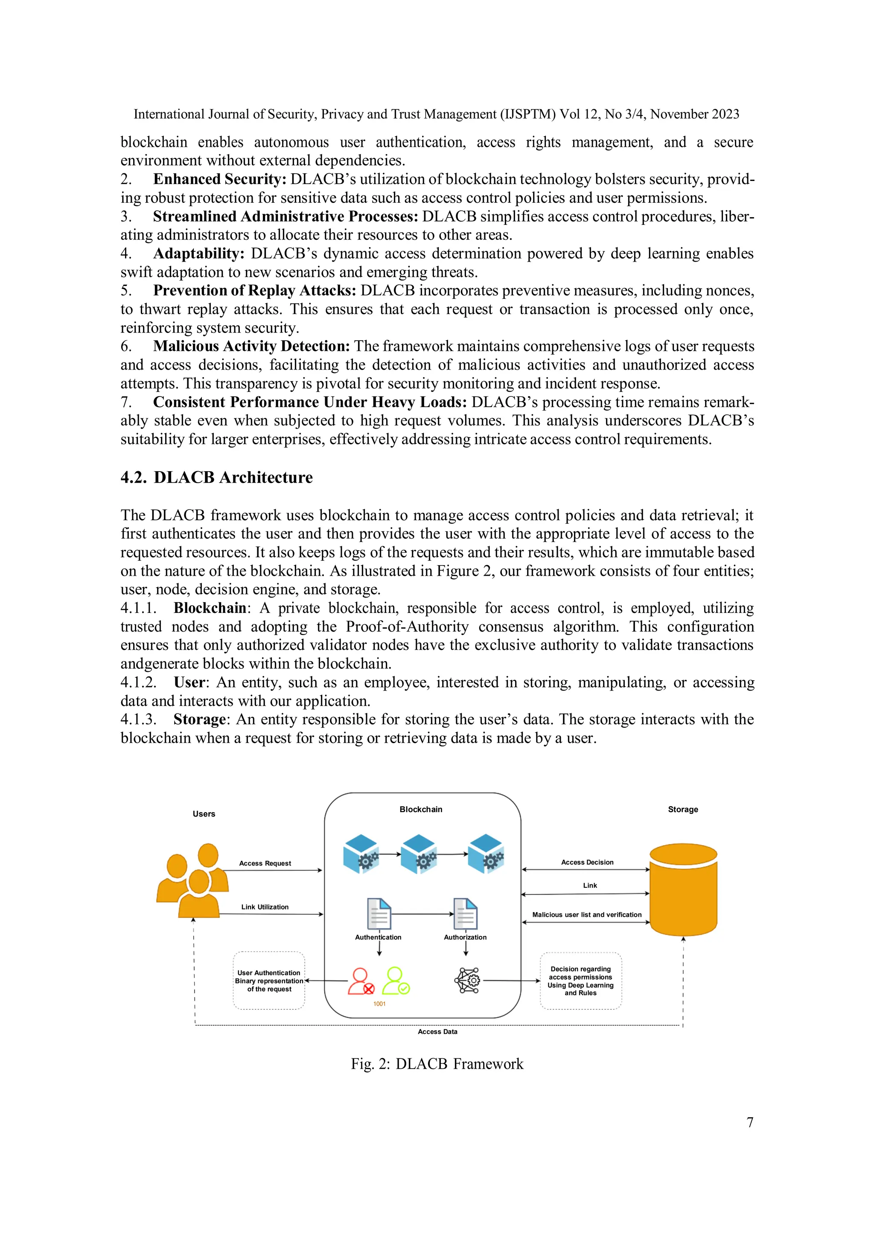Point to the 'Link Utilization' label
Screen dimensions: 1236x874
pyautogui.click(x=265, y=907)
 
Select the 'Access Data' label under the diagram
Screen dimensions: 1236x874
pyautogui.click(x=437, y=1032)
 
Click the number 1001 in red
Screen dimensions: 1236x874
pyautogui.click(x=379, y=1003)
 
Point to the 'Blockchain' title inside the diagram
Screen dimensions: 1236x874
pyautogui.click(x=421, y=809)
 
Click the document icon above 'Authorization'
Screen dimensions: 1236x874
pyautogui.click(x=465, y=913)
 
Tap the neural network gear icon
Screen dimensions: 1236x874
pyautogui.click(x=467, y=980)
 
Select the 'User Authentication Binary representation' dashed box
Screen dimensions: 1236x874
pyautogui.click(x=269, y=981)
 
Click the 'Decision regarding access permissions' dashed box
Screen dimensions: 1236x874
pyautogui.click(x=581, y=981)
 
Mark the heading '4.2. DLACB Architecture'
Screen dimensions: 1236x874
pyautogui.click(x=216, y=478)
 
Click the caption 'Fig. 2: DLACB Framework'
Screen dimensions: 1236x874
pyautogui.click(x=437, y=1064)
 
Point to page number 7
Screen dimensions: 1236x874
pyautogui.click(x=750, y=1122)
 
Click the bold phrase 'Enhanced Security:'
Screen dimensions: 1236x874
pyautogui.click(x=220, y=179)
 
